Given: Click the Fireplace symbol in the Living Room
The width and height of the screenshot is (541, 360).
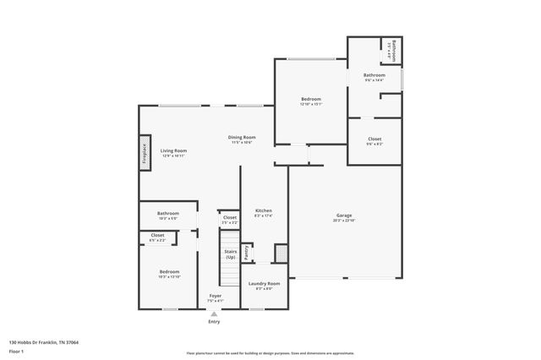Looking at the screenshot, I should (x=145, y=155).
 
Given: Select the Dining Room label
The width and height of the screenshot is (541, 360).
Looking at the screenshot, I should (x=242, y=137).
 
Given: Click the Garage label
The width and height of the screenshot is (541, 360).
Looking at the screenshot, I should (x=344, y=215).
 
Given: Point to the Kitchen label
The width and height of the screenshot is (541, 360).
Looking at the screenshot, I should (x=263, y=210).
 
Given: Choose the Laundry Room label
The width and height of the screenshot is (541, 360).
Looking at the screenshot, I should (x=263, y=283).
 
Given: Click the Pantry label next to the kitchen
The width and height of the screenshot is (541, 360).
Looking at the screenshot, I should (x=246, y=252).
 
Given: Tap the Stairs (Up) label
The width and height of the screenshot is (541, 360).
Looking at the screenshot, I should (x=229, y=254).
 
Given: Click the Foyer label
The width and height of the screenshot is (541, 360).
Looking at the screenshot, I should (x=215, y=296).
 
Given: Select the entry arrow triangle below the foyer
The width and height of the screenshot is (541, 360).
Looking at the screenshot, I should (x=214, y=313).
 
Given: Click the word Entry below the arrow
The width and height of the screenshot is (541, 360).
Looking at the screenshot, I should (x=214, y=321).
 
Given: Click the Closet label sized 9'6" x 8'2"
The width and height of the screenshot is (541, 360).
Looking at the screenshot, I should (x=374, y=139).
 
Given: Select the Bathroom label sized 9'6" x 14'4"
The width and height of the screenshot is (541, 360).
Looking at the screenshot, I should (x=374, y=74).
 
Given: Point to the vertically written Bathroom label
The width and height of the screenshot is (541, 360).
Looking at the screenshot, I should (x=393, y=49).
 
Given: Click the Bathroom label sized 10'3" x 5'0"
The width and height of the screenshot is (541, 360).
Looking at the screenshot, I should (x=168, y=214).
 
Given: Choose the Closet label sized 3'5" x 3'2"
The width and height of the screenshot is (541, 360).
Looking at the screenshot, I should (x=229, y=218).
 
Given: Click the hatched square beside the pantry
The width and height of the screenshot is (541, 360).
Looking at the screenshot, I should (x=281, y=253).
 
